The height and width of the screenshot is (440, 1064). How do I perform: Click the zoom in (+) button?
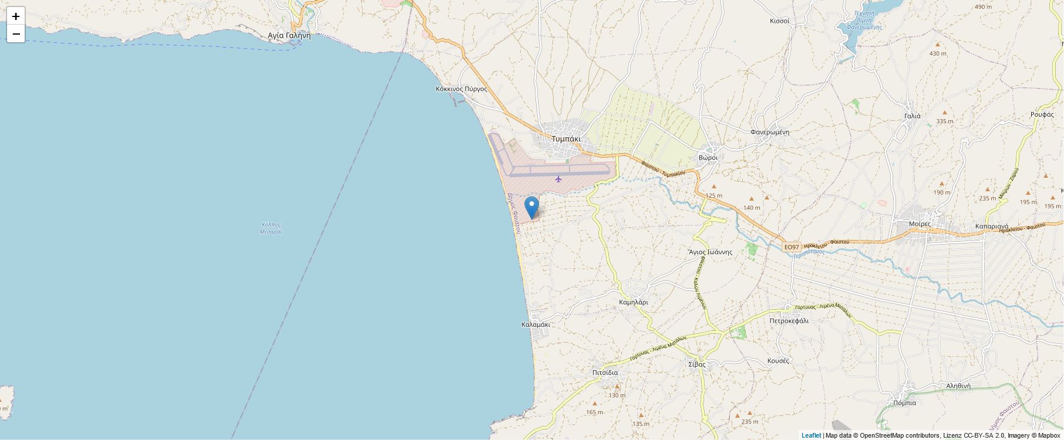click(x=16, y=16)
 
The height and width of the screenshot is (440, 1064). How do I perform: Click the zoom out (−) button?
click(x=16, y=34)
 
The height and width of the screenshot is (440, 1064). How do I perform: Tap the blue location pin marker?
click(x=531, y=208)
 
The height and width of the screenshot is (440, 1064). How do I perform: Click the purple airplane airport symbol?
click(x=558, y=178)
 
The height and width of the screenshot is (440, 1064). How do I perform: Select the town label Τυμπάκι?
click(x=565, y=139)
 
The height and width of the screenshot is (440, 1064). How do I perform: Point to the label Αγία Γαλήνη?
click(x=289, y=35)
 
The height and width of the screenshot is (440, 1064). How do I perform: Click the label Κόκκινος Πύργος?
click(x=462, y=89)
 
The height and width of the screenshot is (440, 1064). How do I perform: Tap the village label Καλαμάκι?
click(x=536, y=324)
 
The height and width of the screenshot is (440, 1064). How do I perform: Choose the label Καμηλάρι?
click(x=634, y=302)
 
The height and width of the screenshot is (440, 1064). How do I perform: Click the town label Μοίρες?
click(x=920, y=224)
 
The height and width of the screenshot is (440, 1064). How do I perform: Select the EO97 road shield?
click(x=792, y=247)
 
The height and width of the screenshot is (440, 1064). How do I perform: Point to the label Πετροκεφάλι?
click(x=789, y=321)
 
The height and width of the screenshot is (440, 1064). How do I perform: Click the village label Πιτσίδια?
click(x=605, y=373)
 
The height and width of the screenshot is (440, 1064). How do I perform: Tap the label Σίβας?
click(x=697, y=364)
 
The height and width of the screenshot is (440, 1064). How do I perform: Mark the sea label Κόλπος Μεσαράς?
click(x=271, y=228)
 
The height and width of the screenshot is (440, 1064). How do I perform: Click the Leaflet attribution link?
click(x=811, y=435)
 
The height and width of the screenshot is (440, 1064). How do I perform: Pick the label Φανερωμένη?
click(x=769, y=132)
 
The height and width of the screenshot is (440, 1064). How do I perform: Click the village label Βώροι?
click(x=708, y=158)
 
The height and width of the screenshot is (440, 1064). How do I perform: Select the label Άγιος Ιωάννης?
click(x=711, y=252)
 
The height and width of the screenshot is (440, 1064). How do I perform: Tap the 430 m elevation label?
click(x=938, y=53)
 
